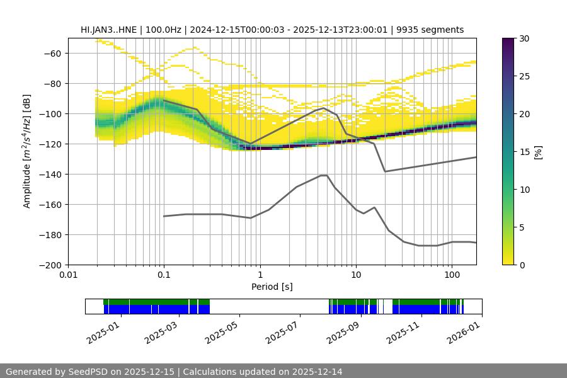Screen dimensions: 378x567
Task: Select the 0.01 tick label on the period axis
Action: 68,275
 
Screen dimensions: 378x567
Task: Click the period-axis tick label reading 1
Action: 260,275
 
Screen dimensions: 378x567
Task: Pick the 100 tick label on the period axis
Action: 451,275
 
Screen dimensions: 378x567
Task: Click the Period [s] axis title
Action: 272,287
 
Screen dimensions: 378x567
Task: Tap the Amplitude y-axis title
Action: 27,151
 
